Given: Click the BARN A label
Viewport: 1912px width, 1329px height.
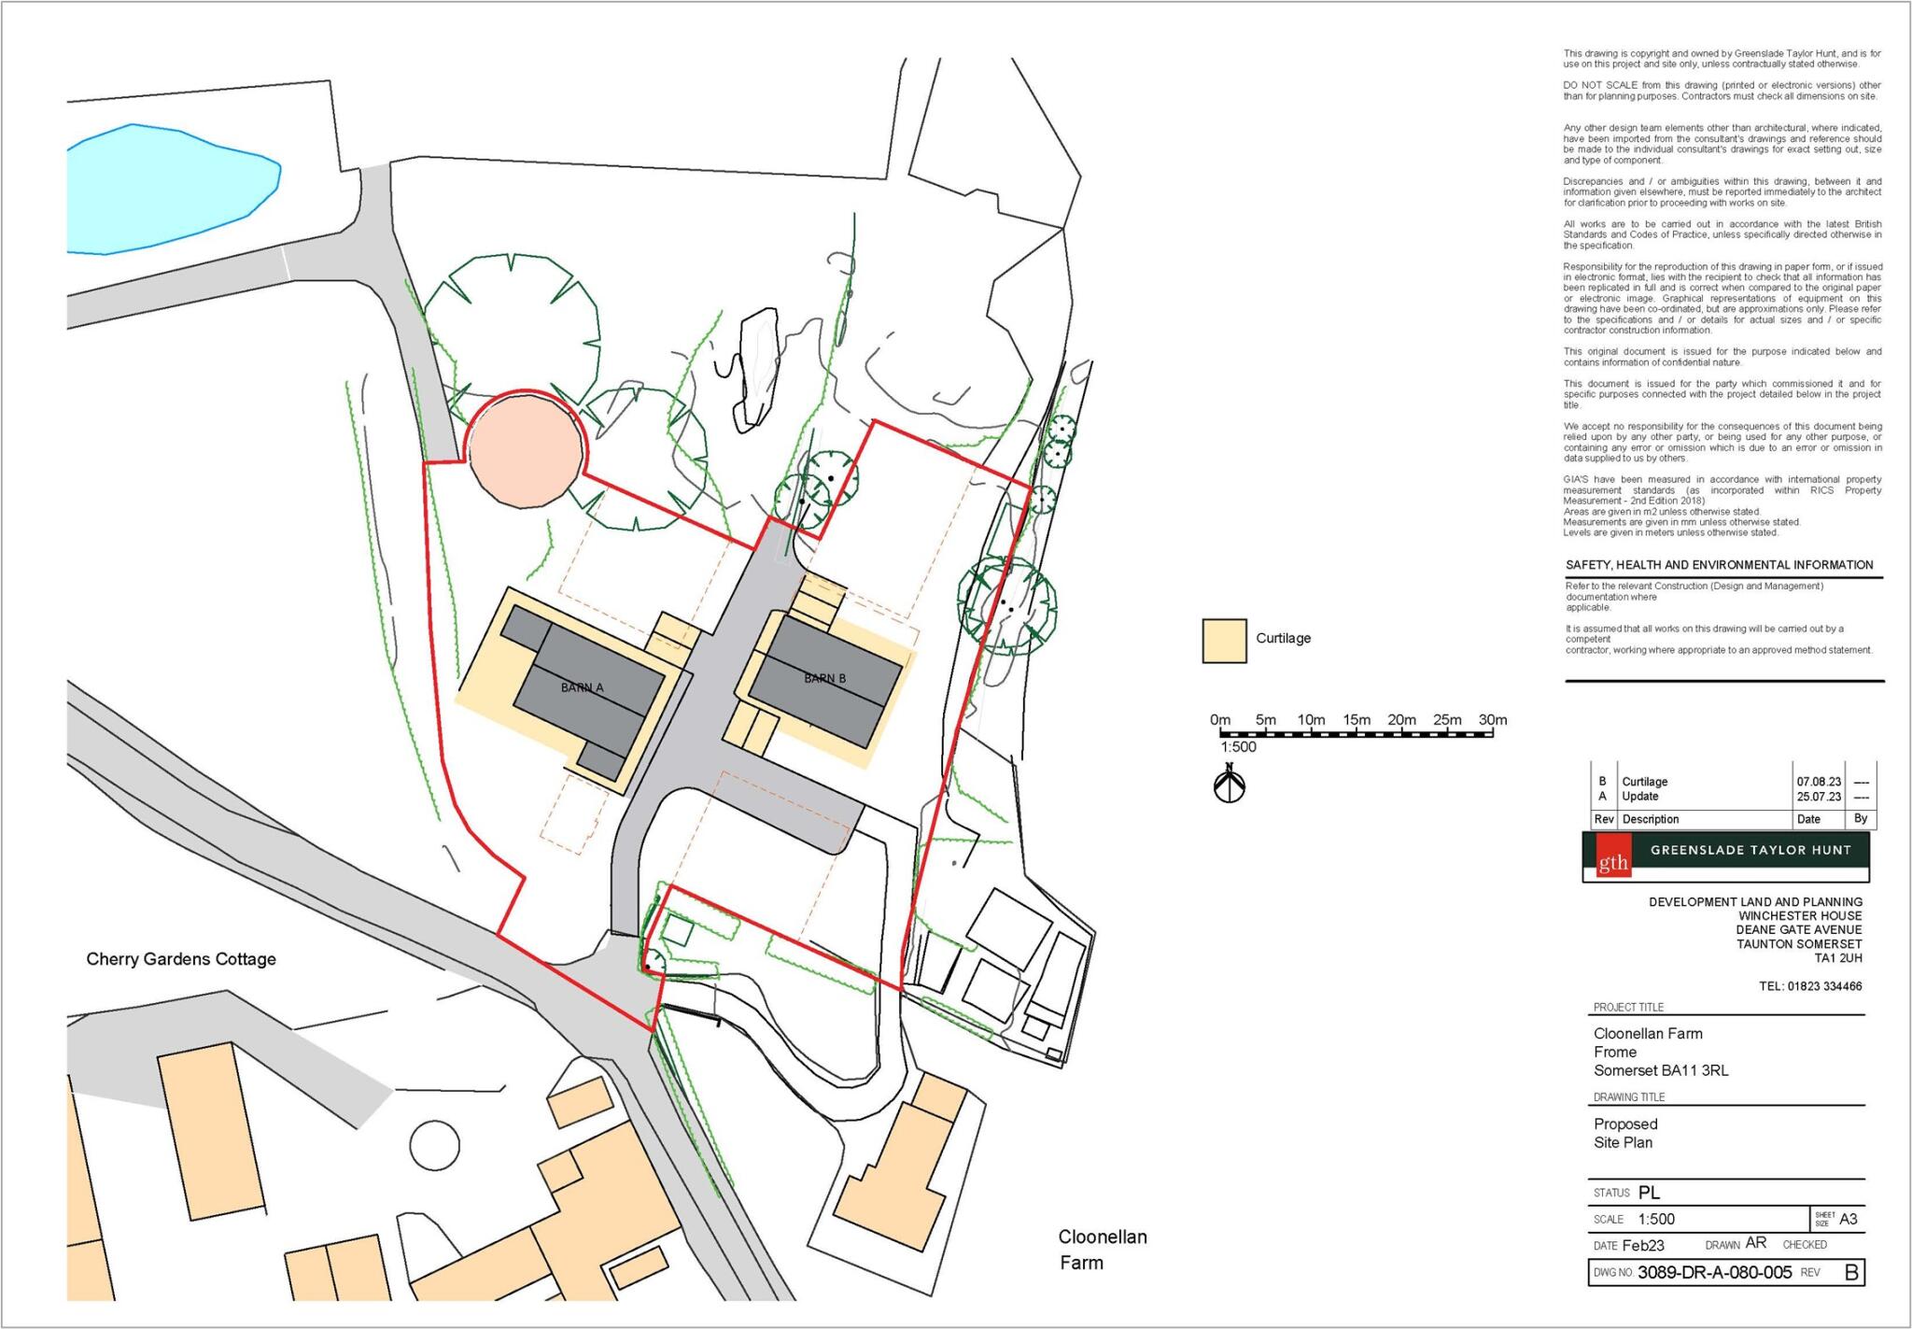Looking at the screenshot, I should [582, 687].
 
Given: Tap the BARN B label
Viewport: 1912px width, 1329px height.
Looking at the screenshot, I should [824, 678].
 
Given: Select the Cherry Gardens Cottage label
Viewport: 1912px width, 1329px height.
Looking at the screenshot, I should [181, 959].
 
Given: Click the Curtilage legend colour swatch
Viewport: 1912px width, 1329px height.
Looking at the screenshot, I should [1224, 641].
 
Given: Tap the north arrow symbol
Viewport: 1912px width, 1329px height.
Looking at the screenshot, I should [1230, 785].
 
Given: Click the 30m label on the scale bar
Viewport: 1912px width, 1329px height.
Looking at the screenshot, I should [1492, 720].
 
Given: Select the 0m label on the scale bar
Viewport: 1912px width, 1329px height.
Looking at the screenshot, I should [1220, 720].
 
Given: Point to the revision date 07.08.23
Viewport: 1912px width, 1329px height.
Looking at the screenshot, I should [1819, 782].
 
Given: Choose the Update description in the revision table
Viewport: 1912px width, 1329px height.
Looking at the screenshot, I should [1640, 797].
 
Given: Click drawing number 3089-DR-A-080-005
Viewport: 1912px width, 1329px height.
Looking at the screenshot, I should [1714, 1272].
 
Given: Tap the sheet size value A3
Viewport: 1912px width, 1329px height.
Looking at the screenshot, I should [1848, 1219].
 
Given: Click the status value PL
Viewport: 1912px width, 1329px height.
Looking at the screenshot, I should [1649, 1193].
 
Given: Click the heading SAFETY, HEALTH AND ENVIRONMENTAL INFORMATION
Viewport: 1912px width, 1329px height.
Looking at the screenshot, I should [1719, 565].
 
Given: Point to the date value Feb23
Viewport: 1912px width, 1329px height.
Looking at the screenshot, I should [1642, 1245].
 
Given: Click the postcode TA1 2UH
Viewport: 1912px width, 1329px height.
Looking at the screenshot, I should [1837, 957].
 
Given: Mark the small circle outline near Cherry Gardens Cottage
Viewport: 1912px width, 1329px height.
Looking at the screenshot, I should [434, 1144].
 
